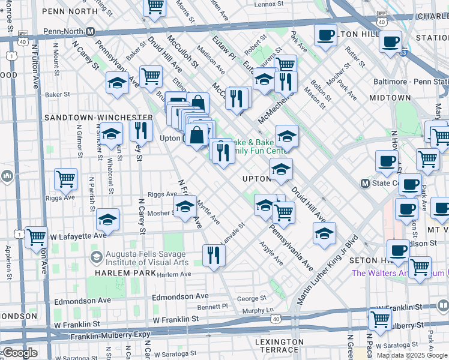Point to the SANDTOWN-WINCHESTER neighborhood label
click(107, 116)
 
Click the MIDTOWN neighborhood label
click(390, 97)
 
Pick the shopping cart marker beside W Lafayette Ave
click(37, 237)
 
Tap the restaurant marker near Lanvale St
click(214, 255)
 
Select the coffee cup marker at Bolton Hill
click(325, 35)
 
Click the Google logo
click(19, 353)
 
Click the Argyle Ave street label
click(271, 253)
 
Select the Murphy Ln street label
click(261, 311)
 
